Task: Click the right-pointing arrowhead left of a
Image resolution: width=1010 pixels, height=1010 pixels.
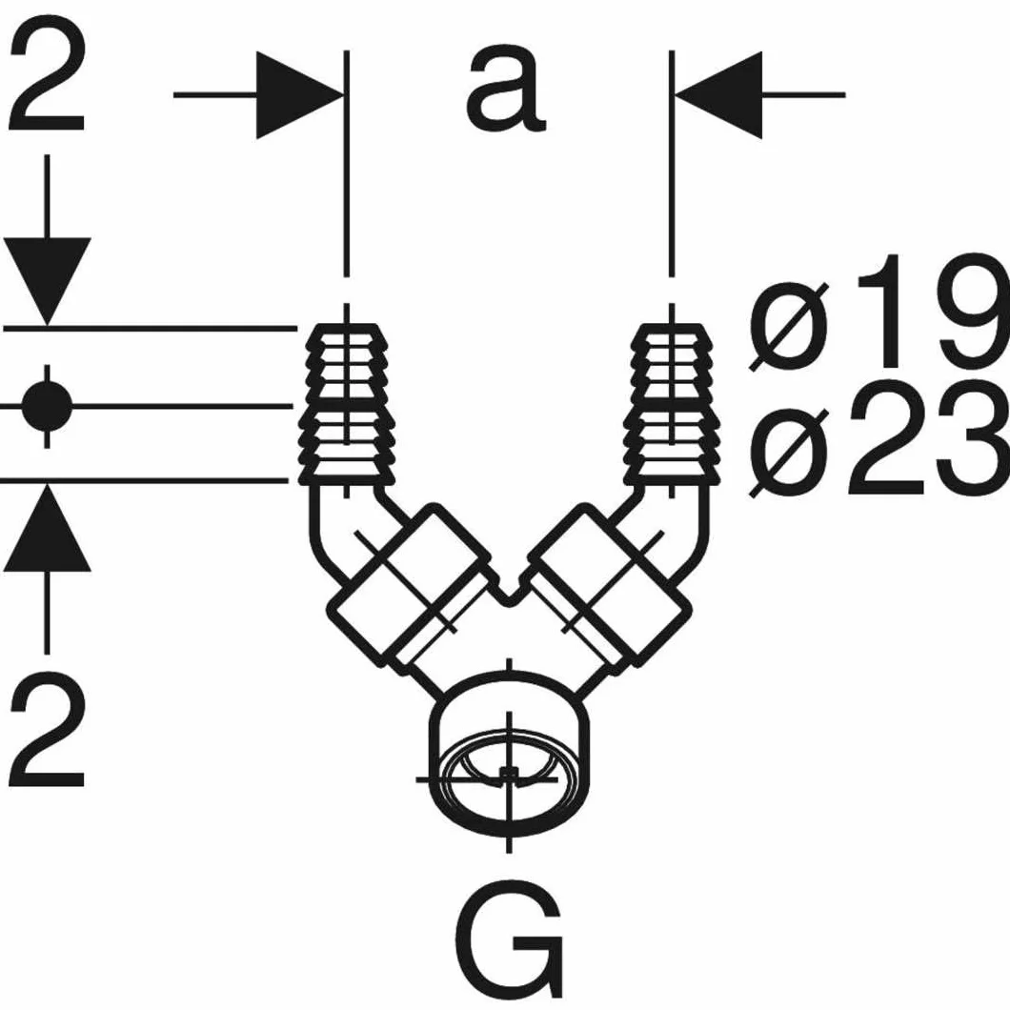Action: click(x=299, y=94)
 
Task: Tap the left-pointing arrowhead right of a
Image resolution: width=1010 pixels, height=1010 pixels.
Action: click(x=718, y=94)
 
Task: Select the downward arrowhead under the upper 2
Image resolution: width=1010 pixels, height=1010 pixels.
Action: click(x=47, y=281)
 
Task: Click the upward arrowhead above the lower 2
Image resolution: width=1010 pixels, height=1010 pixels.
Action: click(x=47, y=528)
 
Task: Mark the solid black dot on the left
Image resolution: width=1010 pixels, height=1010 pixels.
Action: click(x=47, y=406)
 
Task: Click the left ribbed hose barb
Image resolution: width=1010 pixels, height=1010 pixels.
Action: click(x=348, y=405)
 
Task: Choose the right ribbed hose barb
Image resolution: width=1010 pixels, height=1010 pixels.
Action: click(x=673, y=405)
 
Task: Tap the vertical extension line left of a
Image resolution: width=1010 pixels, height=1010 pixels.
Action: click(x=347, y=164)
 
